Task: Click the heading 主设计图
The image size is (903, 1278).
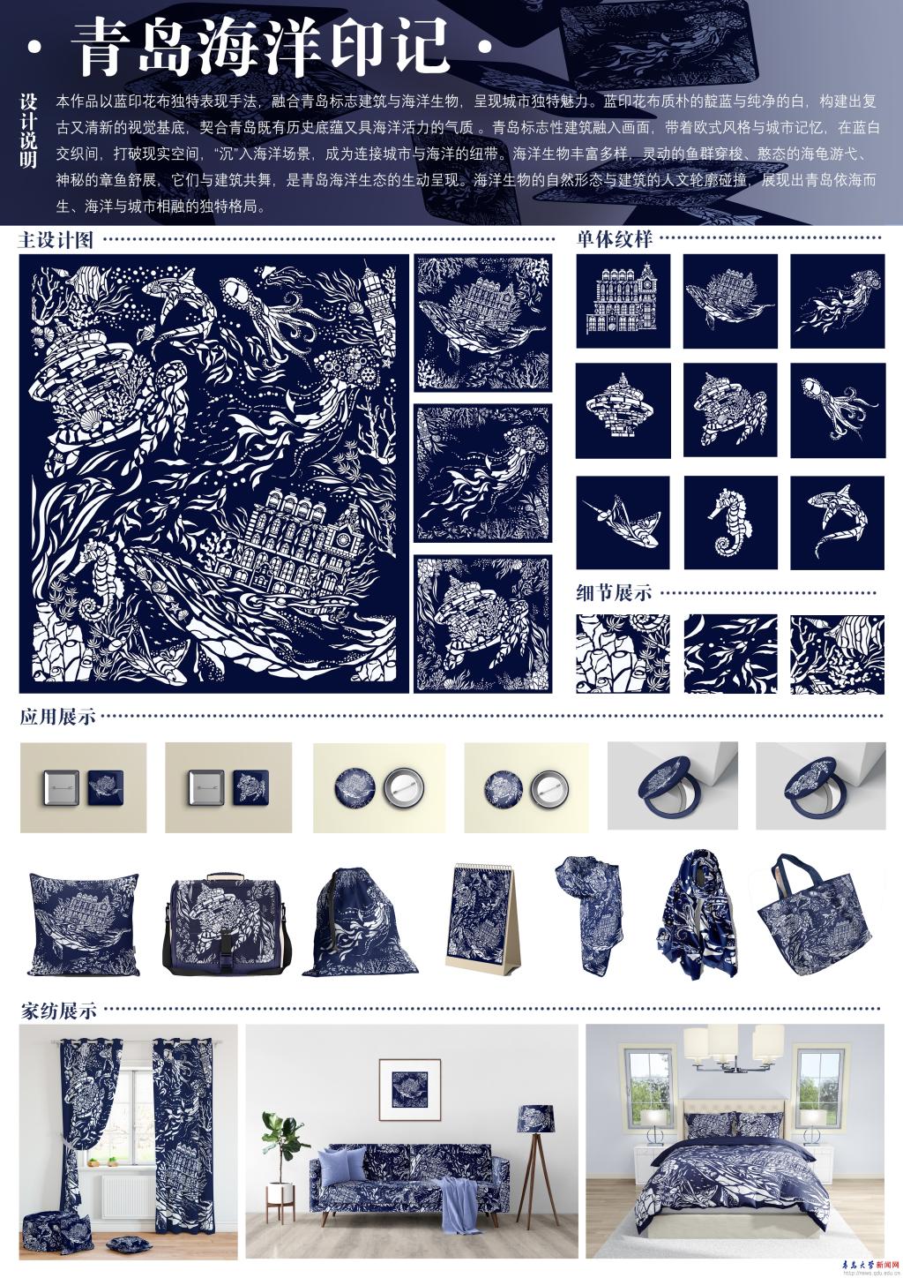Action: click(x=56, y=240)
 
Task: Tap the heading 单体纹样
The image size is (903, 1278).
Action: click(x=614, y=239)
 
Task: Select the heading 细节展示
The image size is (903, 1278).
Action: click(x=614, y=593)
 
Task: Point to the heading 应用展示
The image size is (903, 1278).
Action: click(x=57, y=716)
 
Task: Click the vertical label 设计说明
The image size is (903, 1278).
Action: click(x=28, y=131)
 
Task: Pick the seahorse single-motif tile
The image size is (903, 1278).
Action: click(x=730, y=522)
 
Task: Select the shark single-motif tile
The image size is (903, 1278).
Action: click(x=838, y=522)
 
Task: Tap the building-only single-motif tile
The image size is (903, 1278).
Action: click(x=623, y=301)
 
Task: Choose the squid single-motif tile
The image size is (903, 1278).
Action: click(x=838, y=410)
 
